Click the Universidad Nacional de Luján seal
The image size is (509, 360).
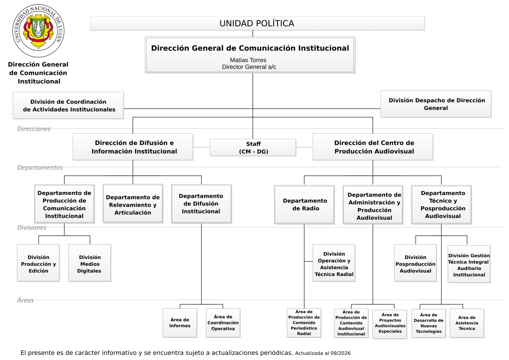click(x=38, y=31)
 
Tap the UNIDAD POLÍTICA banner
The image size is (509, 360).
click(x=257, y=23)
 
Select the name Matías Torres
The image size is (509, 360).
click(x=248, y=60)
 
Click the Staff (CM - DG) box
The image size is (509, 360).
click(x=253, y=147)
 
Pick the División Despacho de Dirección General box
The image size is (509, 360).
click(x=436, y=104)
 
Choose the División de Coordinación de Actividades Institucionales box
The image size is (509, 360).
click(x=68, y=106)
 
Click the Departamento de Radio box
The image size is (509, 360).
click(x=304, y=205)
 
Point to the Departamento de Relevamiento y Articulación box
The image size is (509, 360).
click(x=133, y=203)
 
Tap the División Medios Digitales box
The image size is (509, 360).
click(x=89, y=263)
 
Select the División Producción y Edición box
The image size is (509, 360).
click(x=38, y=263)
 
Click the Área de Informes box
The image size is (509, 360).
click(x=180, y=323)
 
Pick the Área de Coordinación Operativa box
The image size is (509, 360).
click(x=223, y=323)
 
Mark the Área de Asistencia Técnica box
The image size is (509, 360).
click(x=467, y=323)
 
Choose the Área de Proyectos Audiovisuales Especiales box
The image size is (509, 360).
click(x=390, y=324)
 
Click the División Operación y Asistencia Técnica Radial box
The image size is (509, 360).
click(x=334, y=263)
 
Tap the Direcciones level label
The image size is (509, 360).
click(x=34, y=129)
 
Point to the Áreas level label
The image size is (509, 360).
click(x=25, y=300)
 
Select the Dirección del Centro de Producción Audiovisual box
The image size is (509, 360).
click(x=373, y=147)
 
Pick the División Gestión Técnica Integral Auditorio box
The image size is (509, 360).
click(x=469, y=264)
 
